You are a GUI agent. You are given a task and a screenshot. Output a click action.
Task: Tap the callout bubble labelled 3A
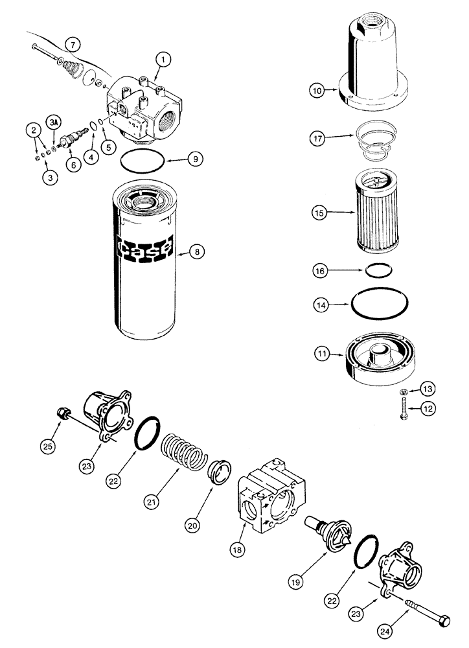coord(55,122)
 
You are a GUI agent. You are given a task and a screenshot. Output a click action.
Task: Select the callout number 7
coord(74,45)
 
